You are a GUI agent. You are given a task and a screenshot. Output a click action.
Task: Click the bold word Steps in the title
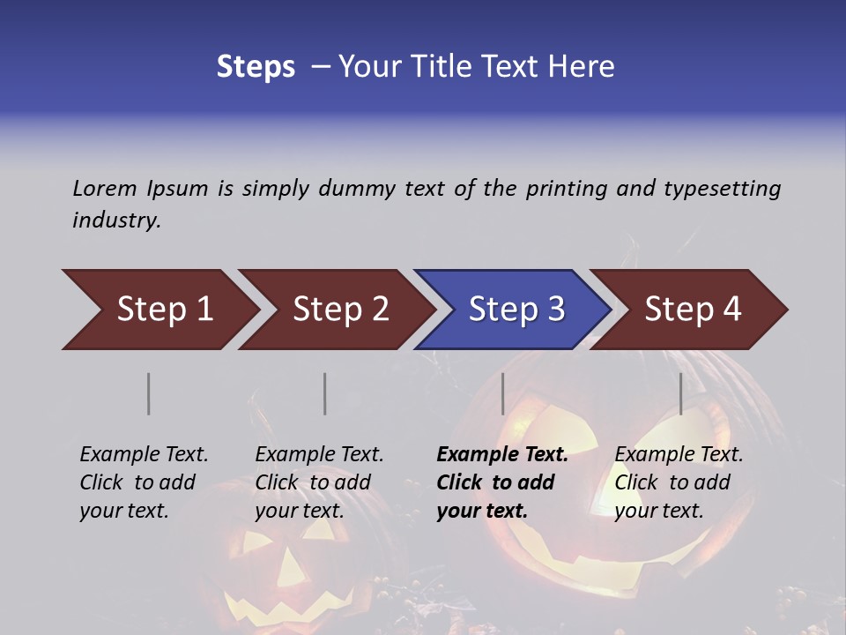click(256, 67)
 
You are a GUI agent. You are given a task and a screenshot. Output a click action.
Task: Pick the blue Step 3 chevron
click(516, 310)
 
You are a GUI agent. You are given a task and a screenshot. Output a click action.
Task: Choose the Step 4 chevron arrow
click(693, 310)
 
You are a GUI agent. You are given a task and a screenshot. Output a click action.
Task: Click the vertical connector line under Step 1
click(149, 393)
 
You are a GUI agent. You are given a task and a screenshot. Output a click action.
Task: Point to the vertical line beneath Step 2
click(325, 393)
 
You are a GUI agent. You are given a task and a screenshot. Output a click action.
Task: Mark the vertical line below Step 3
click(502, 393)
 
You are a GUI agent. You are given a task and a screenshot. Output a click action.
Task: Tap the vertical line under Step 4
click(681, 393)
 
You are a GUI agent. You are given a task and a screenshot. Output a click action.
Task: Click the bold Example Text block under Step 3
click(502, 482)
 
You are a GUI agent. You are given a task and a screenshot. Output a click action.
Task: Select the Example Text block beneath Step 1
click(144, 482)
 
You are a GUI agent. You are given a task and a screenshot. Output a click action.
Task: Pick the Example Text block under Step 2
click(319, 482)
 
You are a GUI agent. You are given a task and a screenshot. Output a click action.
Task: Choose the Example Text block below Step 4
click(679, 482)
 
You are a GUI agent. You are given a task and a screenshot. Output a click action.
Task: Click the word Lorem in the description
click(105, 189)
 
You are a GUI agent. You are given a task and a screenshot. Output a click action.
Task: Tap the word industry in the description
click(115, 220)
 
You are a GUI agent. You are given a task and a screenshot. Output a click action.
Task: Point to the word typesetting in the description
click(722, 189)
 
